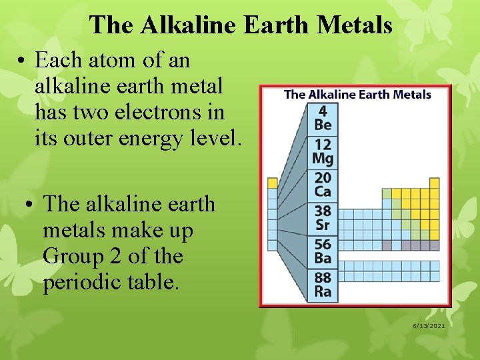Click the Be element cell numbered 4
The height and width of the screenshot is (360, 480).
coord(323,118)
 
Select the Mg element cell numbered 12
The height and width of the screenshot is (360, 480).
coord(323,151)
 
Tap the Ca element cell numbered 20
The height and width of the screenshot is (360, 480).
coord(323,185)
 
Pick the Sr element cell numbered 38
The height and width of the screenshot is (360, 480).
coord(323,218)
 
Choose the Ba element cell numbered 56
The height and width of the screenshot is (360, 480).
coord(323,251)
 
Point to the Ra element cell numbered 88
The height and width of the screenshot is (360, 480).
coord(323,285)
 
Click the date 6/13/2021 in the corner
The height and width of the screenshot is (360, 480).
coord(428,325)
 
